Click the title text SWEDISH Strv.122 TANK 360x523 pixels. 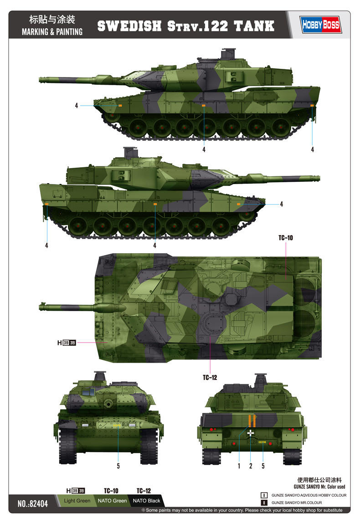coord(186,26)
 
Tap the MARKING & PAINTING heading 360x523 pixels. coord(52,32)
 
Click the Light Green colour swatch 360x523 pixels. coord(77,501)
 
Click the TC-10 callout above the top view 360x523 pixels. coord(285,237)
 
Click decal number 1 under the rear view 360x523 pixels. coord(238,466)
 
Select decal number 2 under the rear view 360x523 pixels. coord(251,466)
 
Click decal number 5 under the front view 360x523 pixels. coord(118,466)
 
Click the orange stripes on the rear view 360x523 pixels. coord(250,420)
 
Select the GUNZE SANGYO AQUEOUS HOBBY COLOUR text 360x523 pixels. coord(309,495)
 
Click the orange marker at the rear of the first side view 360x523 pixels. coord(312,106)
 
